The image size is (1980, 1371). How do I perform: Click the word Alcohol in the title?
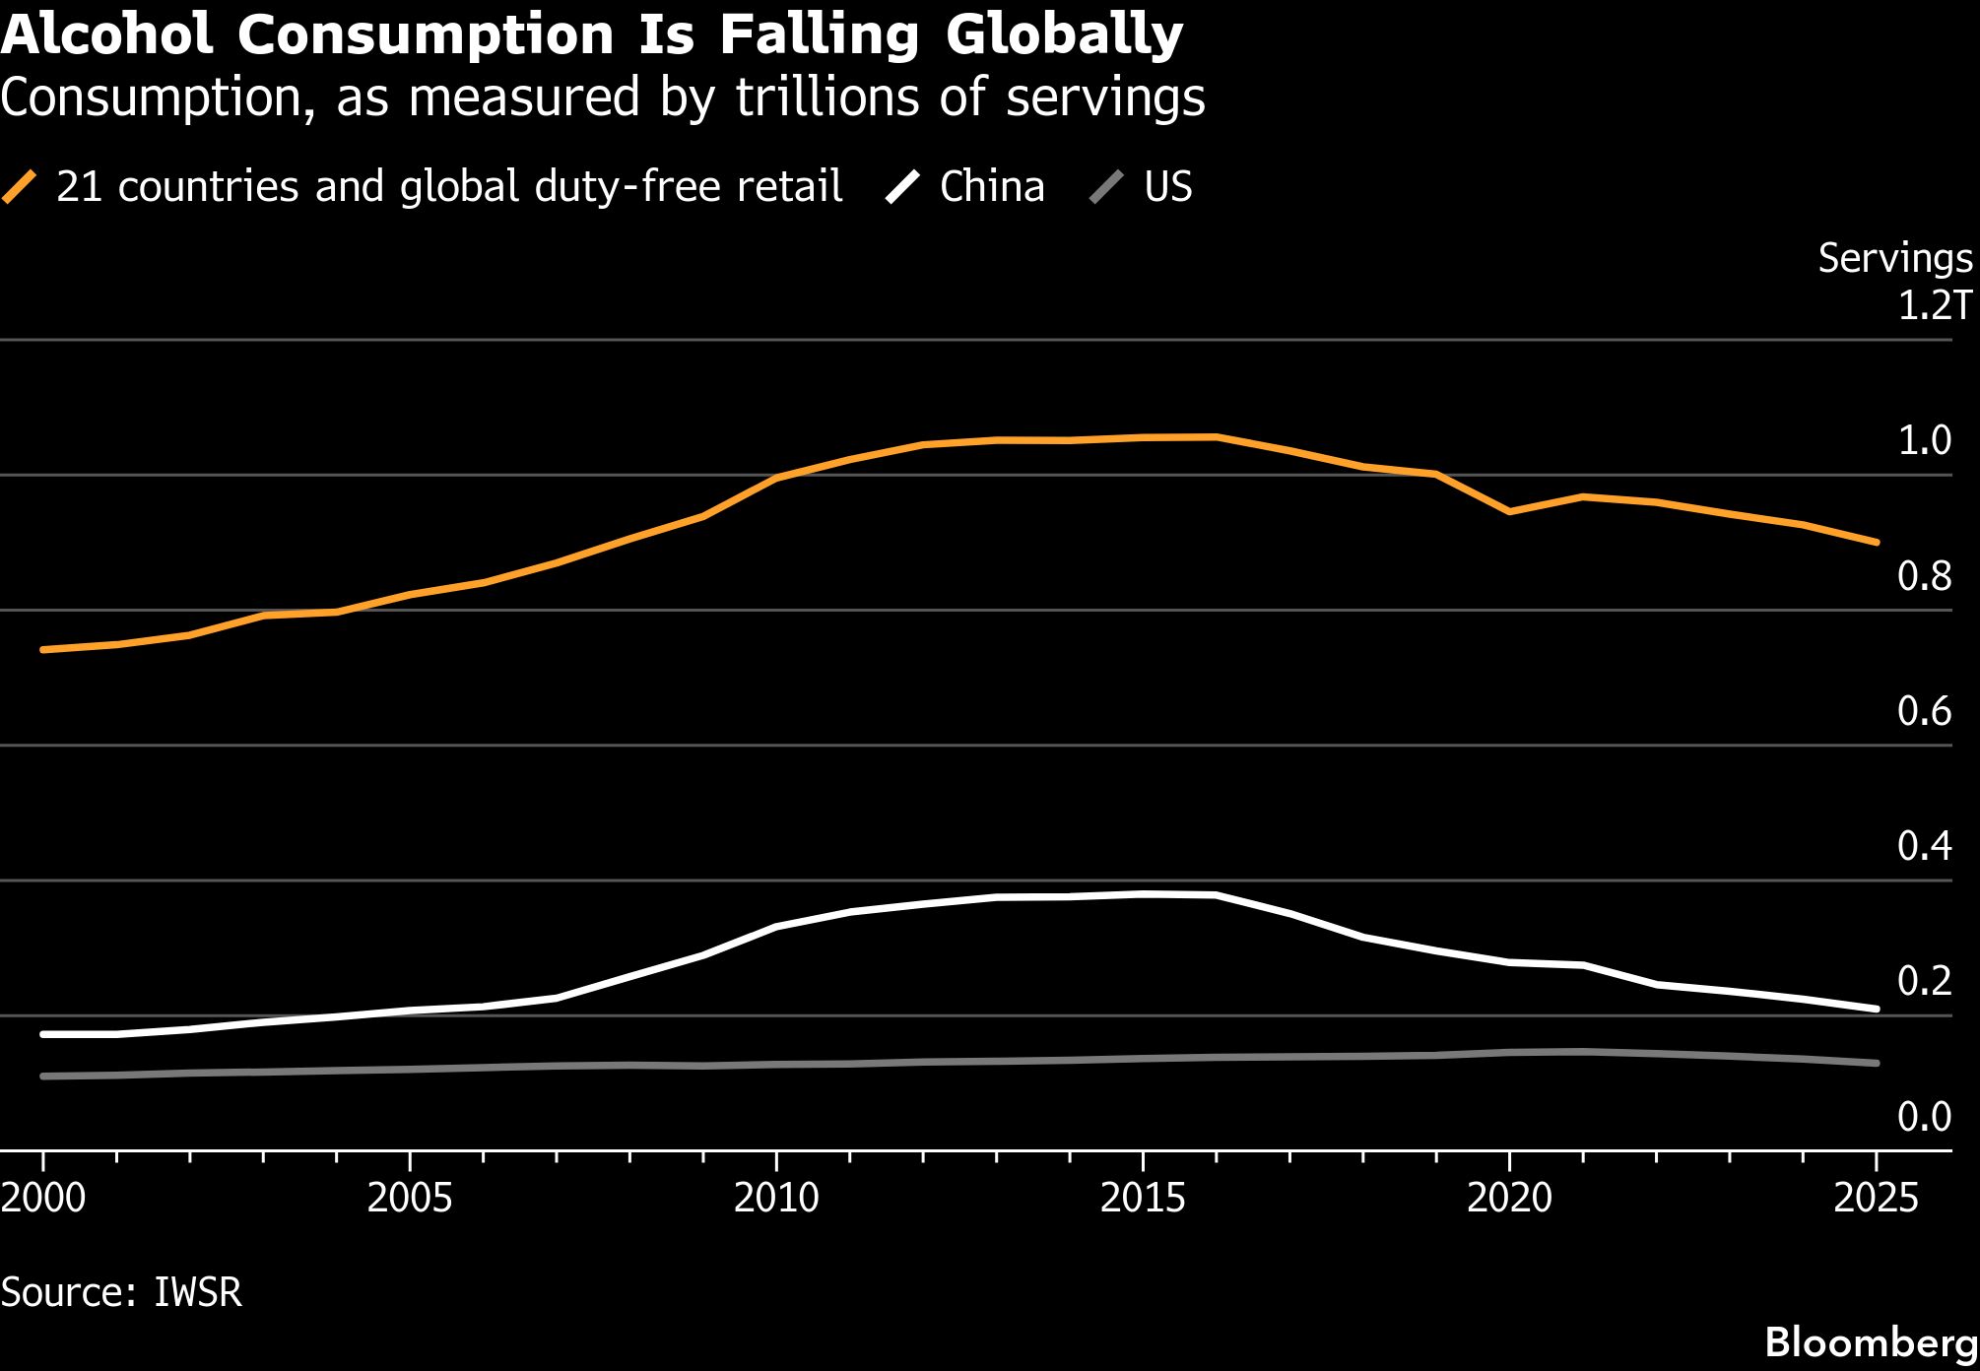[x=106, y=34]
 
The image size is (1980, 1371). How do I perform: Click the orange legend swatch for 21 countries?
[x=20, y=187]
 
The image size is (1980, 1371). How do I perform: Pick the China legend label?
[x=992, y=186]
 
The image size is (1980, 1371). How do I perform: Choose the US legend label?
[x=1168, y=186]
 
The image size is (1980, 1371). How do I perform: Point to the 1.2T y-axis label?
[x=1935, y=305]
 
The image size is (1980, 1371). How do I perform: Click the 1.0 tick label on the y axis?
[x=1924, y=440]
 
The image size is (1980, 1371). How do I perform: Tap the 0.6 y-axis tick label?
[x=1924, y=710]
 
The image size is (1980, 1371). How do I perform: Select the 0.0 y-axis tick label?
[x=1924, y=1116]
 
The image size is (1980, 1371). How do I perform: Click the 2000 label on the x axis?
[x=43, y=1198]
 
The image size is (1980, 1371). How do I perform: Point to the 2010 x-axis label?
[x=776, y=1198]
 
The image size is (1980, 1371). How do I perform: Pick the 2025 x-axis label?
[x=1876, y=1198]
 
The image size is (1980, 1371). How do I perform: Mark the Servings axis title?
[x=1895, y=258]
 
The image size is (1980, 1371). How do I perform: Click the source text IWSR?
[x=198, y=1292]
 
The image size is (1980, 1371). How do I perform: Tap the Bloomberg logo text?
[x=1872, y=1342]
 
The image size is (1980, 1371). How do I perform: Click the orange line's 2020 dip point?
[x=1509, y=512]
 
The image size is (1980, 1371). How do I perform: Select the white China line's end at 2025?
[x=1876, y=1009]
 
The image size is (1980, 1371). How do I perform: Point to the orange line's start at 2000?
[x=43, y=650]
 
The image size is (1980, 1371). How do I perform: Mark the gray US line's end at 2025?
[x=1876, y=1063]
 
